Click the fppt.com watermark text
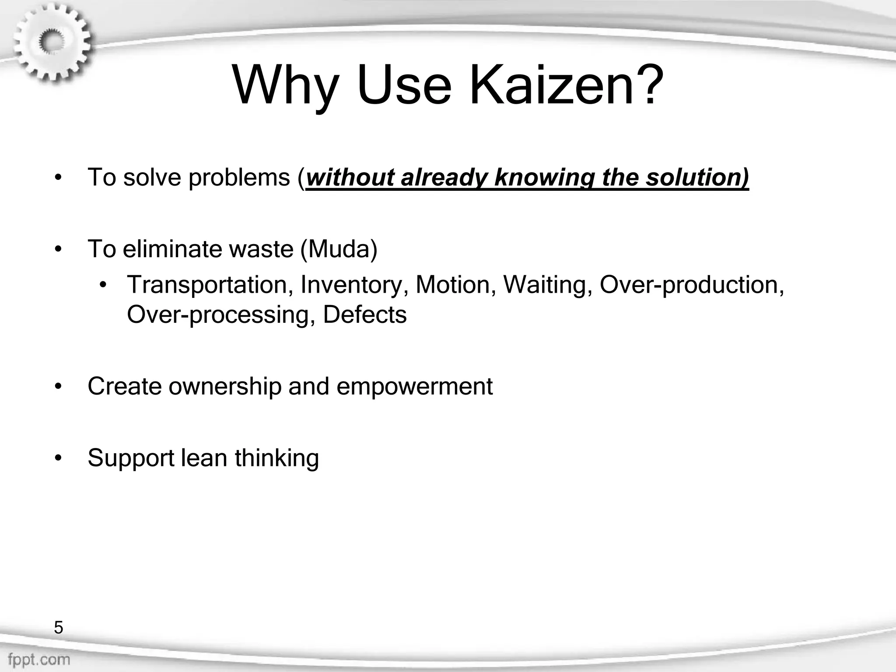[38, 659]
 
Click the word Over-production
[691, 284]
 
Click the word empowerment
[414, 386]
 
